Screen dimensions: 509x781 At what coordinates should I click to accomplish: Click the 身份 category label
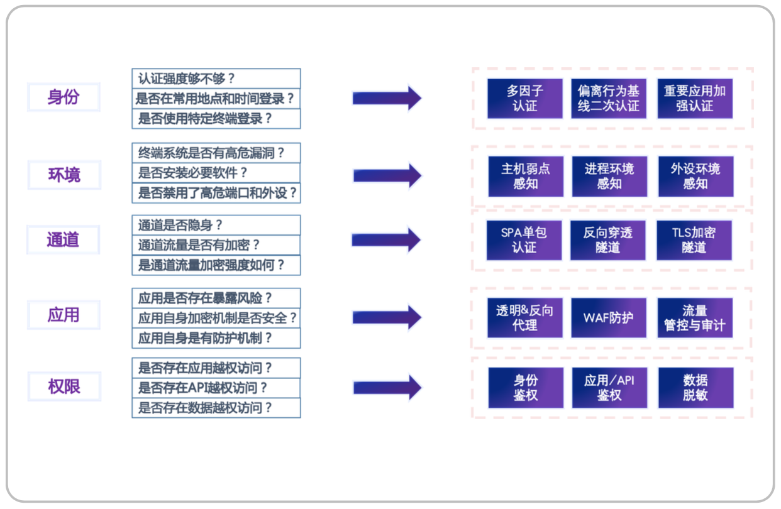click(x=64, y=97)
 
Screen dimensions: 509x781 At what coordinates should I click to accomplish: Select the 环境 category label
click(x=64, y=175)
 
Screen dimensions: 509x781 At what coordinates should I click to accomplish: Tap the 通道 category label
click(x=63, y=240)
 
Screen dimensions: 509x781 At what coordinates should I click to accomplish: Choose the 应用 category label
click(x=64, y=315)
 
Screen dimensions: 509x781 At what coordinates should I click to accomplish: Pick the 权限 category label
click(x=64, y=386)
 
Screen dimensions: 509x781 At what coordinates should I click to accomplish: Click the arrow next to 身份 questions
click(x=386, y=97)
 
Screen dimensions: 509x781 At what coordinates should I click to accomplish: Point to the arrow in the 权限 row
click(x=387, y=387)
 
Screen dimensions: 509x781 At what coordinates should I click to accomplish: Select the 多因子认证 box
click(x=525, y=98)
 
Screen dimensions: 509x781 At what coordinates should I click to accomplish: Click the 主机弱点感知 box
click(x=526, y=176)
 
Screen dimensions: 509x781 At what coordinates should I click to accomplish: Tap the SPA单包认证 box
click(x=524, y=240)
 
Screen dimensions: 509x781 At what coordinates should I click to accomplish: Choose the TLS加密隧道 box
click(x=694, y=240)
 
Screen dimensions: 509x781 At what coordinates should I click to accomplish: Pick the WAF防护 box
click(x=608, y=317)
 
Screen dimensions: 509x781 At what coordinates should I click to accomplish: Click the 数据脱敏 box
click(x=695, y=388)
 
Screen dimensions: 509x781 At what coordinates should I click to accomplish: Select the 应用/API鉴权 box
click(x=609, y=388)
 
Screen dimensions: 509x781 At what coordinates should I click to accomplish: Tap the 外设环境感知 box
click(x=695, y=176)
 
